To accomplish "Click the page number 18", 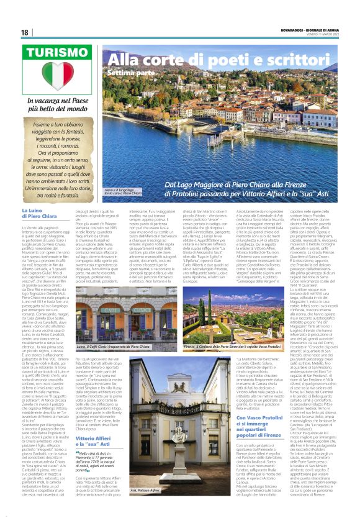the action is click(24, 32).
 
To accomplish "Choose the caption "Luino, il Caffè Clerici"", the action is click(113, 346).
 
